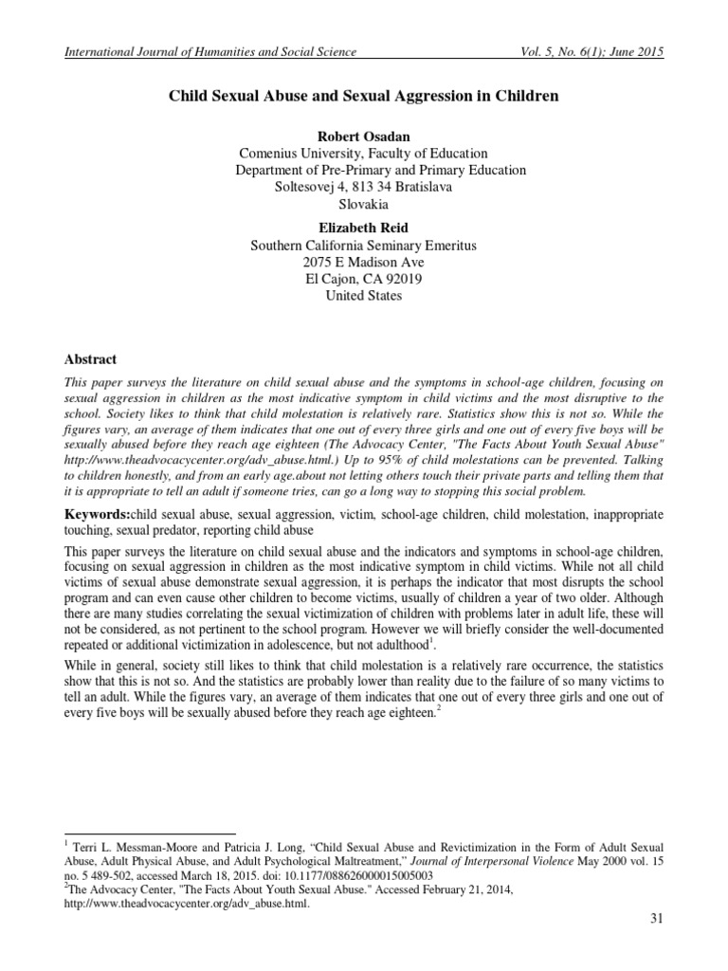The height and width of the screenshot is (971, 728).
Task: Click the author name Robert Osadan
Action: (x=363, y=135)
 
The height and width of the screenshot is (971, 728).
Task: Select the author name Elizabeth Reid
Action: (x=363, y=227)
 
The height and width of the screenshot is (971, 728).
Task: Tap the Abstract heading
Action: (x=90, y=359)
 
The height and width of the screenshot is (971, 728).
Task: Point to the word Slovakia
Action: (x=363, y=204)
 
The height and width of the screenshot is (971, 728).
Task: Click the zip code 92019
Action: (x=403, y=279)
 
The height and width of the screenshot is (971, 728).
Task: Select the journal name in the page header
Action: (x=209, y=51)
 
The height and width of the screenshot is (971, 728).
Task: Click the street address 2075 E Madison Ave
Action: (x=363, y=262)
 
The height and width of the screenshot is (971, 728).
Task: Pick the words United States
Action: (x=363, y=296)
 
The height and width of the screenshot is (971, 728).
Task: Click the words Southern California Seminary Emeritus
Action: (x=363, y=245)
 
